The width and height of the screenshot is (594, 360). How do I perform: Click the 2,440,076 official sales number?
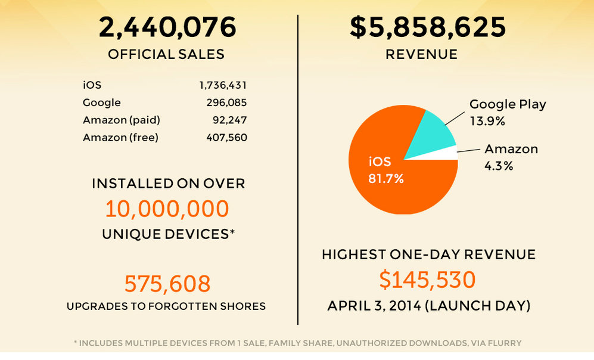pos(167,27)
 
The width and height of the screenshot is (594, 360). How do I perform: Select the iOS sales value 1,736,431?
pos(223,86)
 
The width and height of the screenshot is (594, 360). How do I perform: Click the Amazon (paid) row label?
pos(122,120)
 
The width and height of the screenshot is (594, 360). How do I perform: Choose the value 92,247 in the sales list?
pos(230,120)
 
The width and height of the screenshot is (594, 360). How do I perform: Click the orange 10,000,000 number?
pos(167,209)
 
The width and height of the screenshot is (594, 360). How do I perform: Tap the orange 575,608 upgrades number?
pos(167,284)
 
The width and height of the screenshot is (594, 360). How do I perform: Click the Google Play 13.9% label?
pos(508,112)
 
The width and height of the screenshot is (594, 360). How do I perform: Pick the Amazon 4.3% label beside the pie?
pos(511,157)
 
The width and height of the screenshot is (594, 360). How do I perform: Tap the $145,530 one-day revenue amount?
pos(428,280)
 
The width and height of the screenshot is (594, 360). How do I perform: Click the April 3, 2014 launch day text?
pos(428,306)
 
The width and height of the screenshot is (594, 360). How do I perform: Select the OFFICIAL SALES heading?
pos(166,54)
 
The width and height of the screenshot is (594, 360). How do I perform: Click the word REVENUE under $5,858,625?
pos(421,54)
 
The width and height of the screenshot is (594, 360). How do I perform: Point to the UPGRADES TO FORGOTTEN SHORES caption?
pos(166,306)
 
